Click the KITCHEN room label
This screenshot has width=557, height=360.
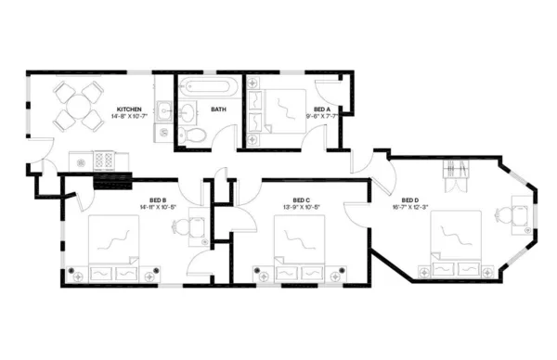point(128,109)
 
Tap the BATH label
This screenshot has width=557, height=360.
point(218,109)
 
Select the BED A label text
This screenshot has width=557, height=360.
point(322,109)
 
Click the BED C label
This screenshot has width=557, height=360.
point(301,200)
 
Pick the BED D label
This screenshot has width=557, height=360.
point(410,200)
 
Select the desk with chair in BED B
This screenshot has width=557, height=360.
point(197,226)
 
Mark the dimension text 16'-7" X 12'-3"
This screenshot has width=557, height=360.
point(410,207)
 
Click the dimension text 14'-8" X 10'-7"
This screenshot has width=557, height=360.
point(128,116)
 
